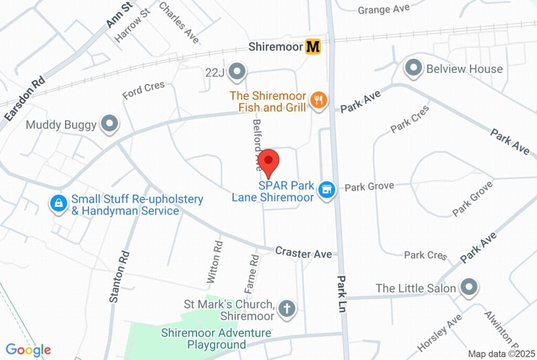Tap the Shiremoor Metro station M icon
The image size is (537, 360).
pos(313,47)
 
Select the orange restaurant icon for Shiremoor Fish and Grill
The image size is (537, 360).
pos(318,100)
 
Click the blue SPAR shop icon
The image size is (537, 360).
pos(328,189)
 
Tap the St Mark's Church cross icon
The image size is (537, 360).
pos(286,309)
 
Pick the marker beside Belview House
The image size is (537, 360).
pos(414,68)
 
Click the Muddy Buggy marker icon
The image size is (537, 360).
pos(110,124)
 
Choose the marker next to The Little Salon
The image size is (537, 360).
pos(466,288)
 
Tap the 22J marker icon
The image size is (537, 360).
pos(238,70)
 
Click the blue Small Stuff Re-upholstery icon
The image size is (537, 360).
pos(58,204)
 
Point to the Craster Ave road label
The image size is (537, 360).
pos(304,253)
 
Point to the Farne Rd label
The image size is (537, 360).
pos(252,274)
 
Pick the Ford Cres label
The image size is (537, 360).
pos(143,90)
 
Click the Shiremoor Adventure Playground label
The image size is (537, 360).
pos(216,338)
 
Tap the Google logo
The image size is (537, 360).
pos(28,350)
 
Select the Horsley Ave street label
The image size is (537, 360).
pos(439,333)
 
